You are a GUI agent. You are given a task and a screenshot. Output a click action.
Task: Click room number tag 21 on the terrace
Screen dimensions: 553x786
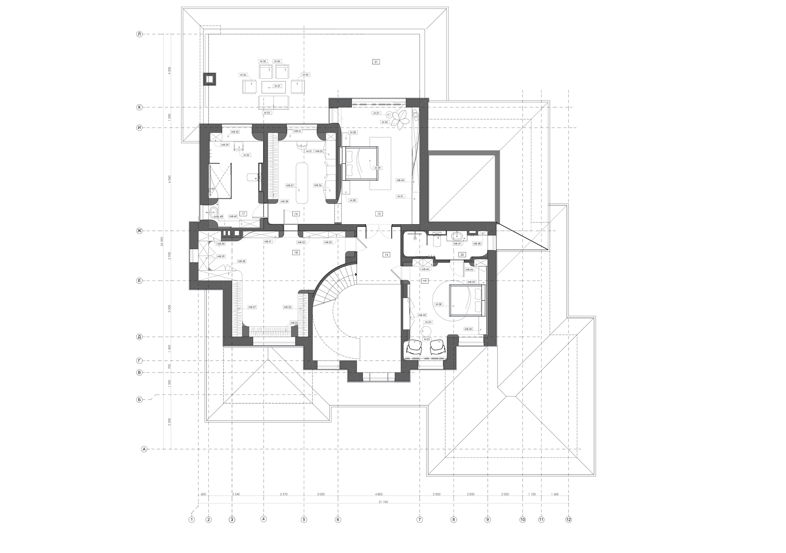point(376,62)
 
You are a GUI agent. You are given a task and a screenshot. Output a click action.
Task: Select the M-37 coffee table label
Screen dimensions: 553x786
point(277,86)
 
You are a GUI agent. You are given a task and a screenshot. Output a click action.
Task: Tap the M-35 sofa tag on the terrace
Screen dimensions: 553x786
point(267,113)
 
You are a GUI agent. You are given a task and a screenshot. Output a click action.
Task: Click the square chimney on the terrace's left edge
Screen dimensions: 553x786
point(209,79)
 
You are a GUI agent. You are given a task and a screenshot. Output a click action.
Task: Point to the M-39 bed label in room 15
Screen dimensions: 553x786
point(377,168)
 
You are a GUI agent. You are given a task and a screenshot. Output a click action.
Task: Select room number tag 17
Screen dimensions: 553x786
point(243,214)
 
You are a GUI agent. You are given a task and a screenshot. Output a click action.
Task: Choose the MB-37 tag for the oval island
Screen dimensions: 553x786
point(290,185)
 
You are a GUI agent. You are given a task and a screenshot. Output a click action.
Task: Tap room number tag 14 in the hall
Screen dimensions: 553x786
point(386,255)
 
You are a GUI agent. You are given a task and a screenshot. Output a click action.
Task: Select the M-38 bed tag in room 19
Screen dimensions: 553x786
point(439,304)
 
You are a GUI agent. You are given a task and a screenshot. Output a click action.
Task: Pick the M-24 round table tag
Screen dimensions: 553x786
point(428,322)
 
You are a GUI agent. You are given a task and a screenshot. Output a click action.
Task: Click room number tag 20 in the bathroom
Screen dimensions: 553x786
point(462,255)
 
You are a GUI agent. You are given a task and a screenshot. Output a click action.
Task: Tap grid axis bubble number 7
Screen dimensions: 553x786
point(420,520)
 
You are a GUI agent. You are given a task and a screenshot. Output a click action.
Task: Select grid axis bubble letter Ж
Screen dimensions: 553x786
point(139,230)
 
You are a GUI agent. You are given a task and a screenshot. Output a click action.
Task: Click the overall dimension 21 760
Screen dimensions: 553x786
point(383,502)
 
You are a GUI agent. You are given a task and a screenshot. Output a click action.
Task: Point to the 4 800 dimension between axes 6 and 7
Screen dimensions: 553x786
point(378,494)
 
